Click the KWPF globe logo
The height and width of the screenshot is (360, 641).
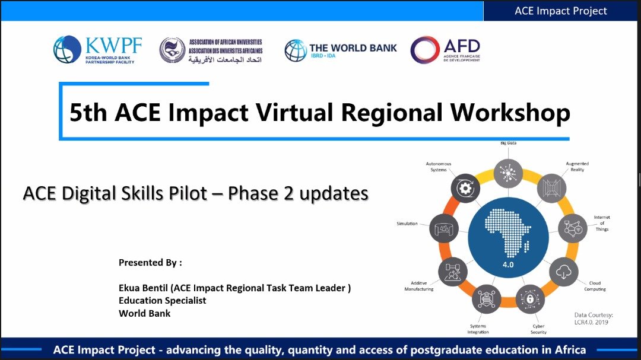(66, 49)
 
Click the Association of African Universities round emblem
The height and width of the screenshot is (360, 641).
(172, 50)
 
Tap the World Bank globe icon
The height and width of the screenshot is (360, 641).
(296, 50)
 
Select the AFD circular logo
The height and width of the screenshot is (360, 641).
(425, 50)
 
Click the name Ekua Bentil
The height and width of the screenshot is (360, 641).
(145, 288)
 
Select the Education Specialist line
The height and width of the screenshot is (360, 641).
(162, 301)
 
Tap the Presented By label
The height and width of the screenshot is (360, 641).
(150, 262)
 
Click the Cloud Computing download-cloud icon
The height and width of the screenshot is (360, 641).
(563, 272)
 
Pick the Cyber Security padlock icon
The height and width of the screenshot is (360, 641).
(529, 299)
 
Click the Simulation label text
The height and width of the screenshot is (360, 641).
(407, 224)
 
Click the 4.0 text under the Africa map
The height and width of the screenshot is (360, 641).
(508, 265)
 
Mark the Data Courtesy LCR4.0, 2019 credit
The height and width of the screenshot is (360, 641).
(594, 318)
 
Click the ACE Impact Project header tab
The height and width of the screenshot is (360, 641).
(560, 11)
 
